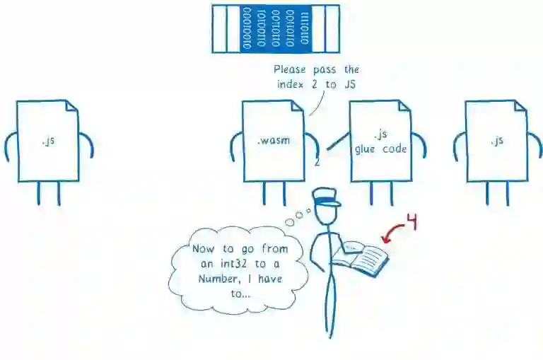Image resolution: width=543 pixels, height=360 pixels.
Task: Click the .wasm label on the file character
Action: coord(271,140)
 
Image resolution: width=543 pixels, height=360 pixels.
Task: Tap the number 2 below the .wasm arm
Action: coord(317,162)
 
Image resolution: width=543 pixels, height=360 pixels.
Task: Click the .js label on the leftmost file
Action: coord(48,140)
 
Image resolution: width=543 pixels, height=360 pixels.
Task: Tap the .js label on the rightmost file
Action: coord(496,140)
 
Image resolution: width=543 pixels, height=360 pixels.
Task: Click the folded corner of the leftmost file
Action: coord(71,107)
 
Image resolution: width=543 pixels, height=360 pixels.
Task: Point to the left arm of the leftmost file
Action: coord(10,145)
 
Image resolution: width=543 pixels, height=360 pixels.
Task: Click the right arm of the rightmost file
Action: coord(533,145)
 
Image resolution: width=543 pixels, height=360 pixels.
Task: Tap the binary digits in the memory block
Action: coord(275,29)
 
